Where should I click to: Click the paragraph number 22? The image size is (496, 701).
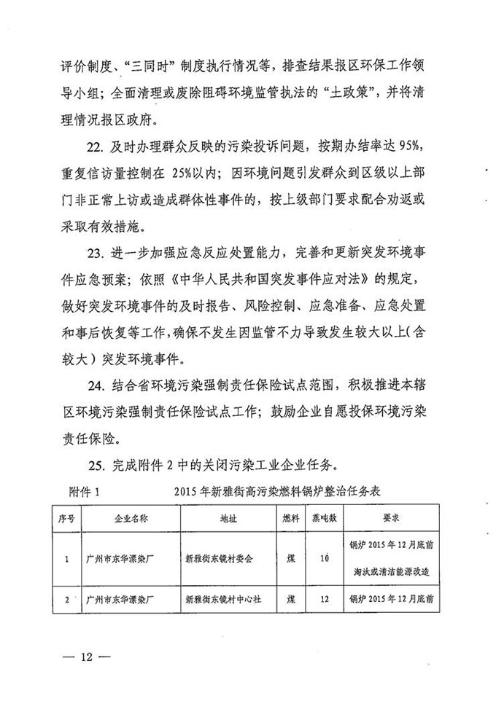[x=96, y=145]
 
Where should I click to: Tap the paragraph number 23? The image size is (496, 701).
[x=96, y=256]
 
